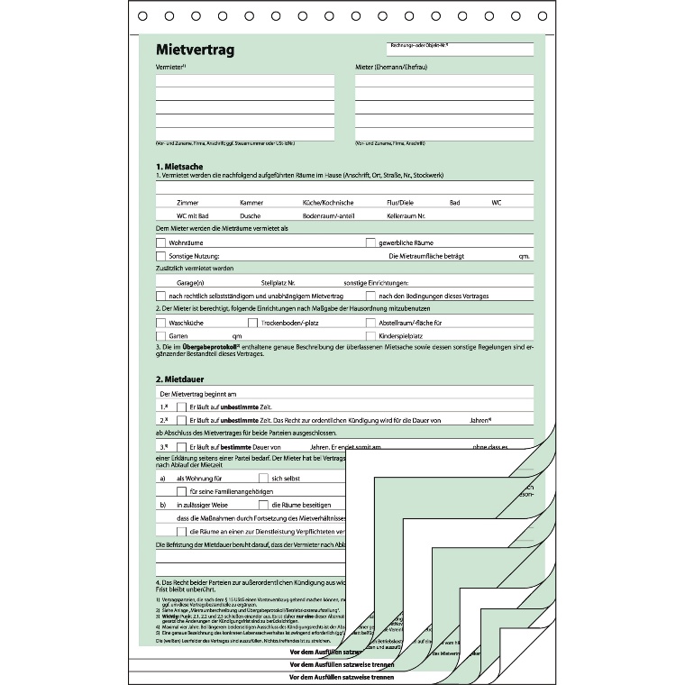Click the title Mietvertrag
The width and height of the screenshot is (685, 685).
pos(195,50)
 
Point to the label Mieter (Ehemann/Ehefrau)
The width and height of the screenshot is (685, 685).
pos(391,67)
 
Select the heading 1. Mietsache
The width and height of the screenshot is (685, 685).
pos(179,167)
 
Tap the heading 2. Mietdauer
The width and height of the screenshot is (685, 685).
pos(180,379)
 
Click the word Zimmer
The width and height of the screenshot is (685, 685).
pos(188,203)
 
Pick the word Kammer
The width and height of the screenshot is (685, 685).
pos(251,203)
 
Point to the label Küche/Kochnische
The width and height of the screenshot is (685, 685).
pos(327,203)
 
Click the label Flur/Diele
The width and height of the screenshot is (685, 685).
pos(400,203)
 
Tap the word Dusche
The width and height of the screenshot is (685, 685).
pos(251,216)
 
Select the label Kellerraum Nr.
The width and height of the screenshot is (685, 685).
pos(406,216)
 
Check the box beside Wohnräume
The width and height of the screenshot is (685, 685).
pos(161,242)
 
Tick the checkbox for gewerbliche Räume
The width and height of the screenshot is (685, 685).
pos(370,242)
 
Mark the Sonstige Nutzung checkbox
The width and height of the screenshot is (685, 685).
pos(161,256)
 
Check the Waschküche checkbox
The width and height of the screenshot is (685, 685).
pos(161,322)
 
